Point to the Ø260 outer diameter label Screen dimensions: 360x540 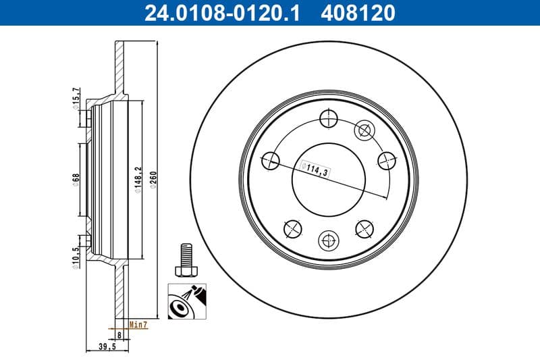154,180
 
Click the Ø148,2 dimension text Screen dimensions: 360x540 137,180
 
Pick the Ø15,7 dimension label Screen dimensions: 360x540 76,99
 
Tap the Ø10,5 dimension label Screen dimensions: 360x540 76,257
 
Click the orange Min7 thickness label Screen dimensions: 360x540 138,325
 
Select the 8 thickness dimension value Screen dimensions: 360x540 119,334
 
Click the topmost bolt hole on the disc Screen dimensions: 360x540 327,118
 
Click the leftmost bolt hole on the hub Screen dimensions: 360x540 270,160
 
